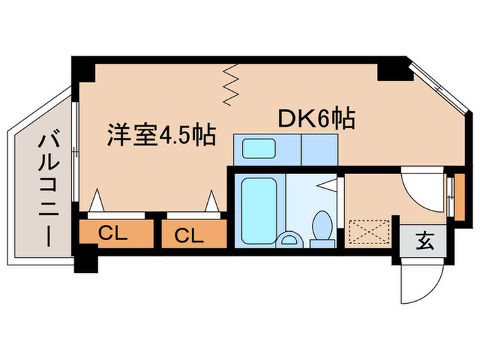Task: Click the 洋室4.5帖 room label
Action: (x=161, y=135)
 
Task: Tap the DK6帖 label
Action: (x=317, y=118)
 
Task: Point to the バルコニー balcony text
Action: (x=49, y=190)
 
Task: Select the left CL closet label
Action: (x=112, y=234)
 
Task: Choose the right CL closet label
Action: (x=189, y=236)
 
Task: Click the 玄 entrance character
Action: (x=425, y=241)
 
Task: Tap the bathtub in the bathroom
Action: (x=259, y=211)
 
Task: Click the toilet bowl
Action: (x=322, y=225)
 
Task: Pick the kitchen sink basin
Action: (x=259, y=149)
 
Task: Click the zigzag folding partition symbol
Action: (x=230, y=85)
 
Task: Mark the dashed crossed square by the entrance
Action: (x=370, y=232)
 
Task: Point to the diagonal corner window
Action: (x=438, y=88)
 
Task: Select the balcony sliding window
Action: (x=75, y=152)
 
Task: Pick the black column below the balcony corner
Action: (x=86, y=261)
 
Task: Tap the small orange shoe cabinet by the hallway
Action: (x=459, y=197)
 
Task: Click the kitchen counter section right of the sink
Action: (x=320, y=149)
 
